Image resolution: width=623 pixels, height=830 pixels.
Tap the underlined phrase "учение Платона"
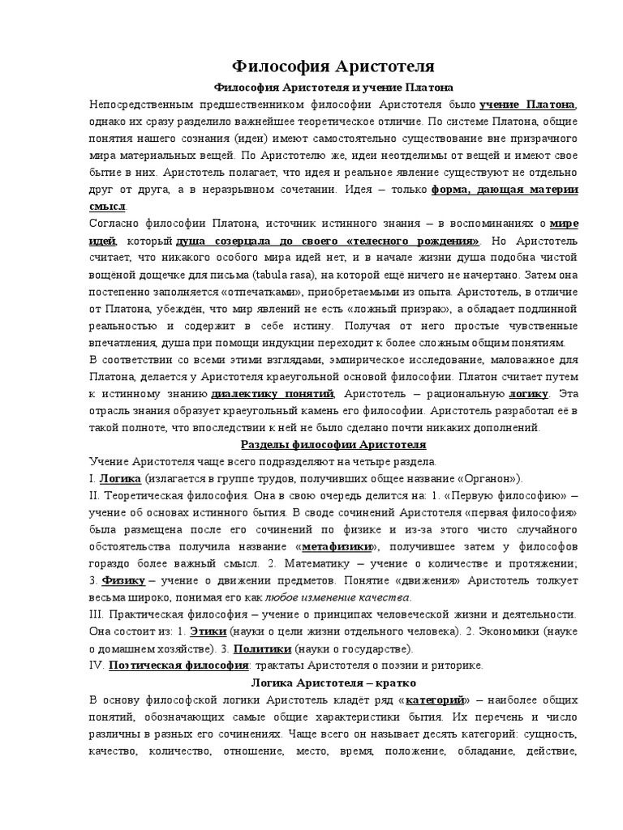527,105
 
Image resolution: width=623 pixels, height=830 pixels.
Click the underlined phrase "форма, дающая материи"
505,190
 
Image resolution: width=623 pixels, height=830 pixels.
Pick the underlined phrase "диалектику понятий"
273,394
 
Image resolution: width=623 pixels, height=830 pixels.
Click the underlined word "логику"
529,394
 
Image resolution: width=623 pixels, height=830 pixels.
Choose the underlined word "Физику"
123,580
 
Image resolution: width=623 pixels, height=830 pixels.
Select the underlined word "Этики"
207,631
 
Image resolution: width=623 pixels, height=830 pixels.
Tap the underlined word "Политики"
261,648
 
